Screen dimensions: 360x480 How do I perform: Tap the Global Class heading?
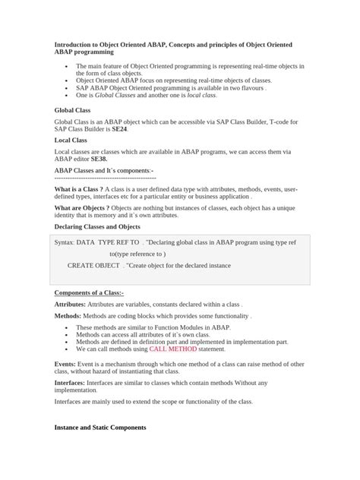72,109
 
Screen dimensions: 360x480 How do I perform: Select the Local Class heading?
70,140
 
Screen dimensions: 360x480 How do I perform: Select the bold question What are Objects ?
87,207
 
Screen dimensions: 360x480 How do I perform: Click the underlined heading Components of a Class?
93,292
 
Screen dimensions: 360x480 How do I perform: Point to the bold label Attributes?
70,303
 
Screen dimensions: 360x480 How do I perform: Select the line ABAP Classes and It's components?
104,171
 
